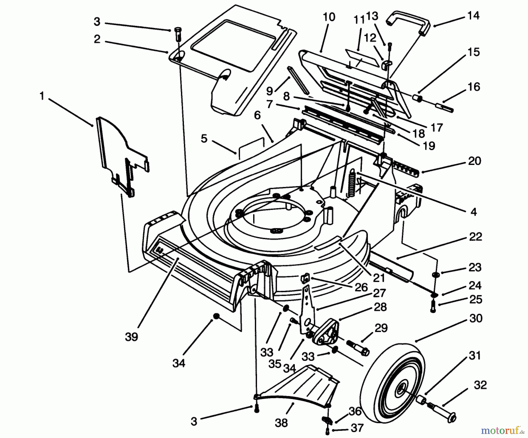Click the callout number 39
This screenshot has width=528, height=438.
coord(131,337)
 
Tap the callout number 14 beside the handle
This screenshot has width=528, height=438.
coord(473,15)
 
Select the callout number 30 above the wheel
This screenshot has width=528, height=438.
coord(475,318)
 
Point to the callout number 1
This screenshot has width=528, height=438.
coord(42,96)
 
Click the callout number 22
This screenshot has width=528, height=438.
coord(475,236)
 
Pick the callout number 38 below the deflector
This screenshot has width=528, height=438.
coord(281,423)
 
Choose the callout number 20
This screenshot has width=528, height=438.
coord(475,161)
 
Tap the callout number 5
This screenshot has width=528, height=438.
coord(204,138)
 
